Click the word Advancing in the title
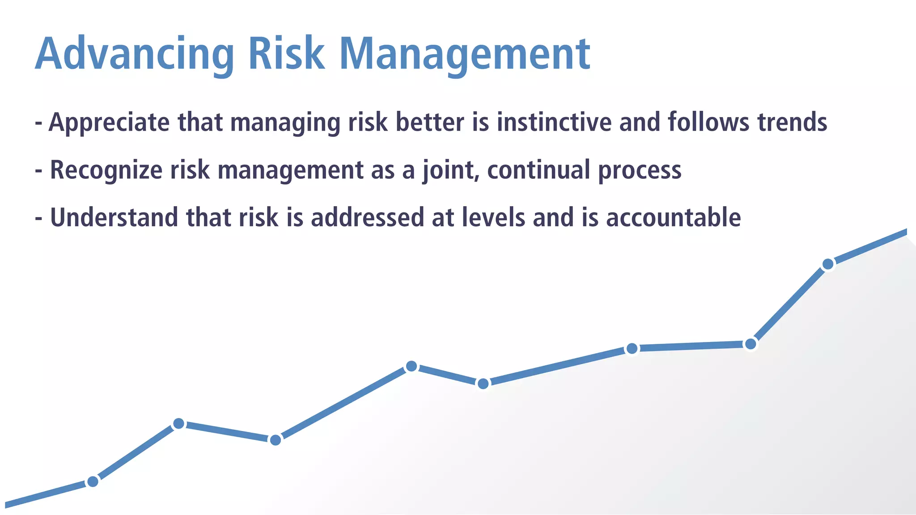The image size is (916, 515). point(134,54)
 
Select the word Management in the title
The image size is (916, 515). point(465,54)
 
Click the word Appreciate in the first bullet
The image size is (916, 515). point(109,122)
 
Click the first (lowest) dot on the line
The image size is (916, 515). point(93,481)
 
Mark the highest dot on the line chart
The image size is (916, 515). point(828,264)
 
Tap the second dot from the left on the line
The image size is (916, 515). point(178,423)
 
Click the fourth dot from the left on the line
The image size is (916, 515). point(411,367)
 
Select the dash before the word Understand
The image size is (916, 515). point(39,219)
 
